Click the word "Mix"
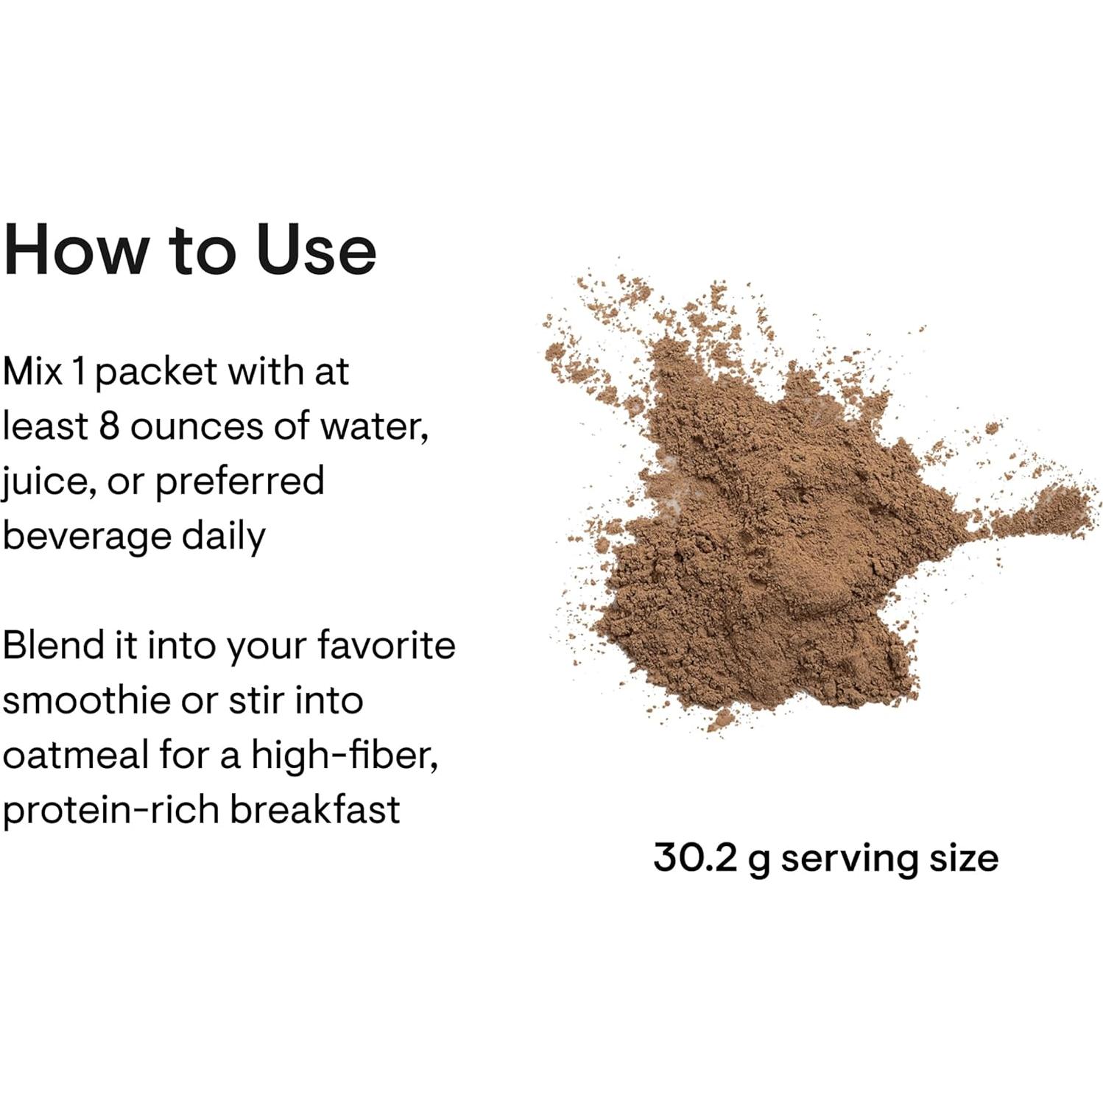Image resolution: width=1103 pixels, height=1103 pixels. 32,371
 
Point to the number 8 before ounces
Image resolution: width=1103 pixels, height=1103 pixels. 108,426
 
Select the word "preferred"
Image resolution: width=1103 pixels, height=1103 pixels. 239,482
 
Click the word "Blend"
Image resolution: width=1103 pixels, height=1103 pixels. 52,645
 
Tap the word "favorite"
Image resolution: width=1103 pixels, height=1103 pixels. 386,645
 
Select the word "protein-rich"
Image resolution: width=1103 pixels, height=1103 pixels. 110,810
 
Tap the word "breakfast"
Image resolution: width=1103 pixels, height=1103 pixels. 315,808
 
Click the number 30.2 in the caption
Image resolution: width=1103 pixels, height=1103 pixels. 694,857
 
